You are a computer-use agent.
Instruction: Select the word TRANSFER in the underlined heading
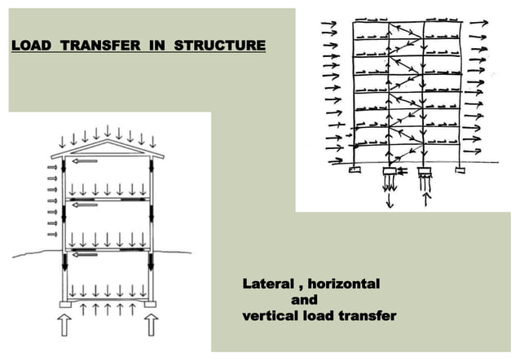108,46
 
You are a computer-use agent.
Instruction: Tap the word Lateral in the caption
268,284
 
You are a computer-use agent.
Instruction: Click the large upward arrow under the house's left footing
64,326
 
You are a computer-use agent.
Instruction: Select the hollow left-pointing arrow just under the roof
85,161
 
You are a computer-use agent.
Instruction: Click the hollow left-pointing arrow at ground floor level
85,255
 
